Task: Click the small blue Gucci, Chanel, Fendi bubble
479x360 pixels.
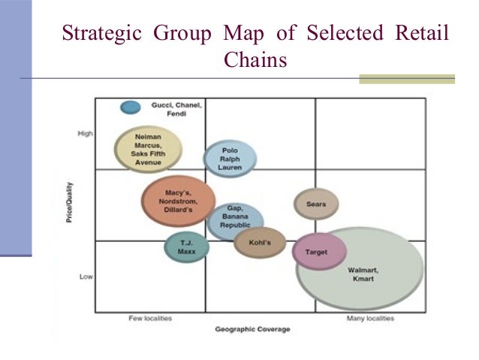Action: point(131,107)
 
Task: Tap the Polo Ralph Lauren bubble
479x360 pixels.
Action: point(230,159)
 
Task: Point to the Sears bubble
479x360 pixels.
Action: point(316,204)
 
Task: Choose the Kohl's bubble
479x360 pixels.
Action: point(260,243)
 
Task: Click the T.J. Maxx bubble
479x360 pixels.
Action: point(187,247)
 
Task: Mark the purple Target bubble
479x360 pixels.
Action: point(319,253)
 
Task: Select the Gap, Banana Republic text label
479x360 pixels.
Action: point(235,217)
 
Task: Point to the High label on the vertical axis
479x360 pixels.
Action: point(85,134)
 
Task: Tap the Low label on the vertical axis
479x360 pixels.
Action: point(86,277)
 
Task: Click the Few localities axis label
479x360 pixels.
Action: point(150,319)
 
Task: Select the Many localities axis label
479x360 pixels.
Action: point(370,319)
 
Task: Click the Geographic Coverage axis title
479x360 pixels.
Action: point(252,330)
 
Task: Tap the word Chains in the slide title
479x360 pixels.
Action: point(255,59)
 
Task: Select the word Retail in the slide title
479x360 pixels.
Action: point(420,34)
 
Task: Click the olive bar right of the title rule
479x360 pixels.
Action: point(406,79)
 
